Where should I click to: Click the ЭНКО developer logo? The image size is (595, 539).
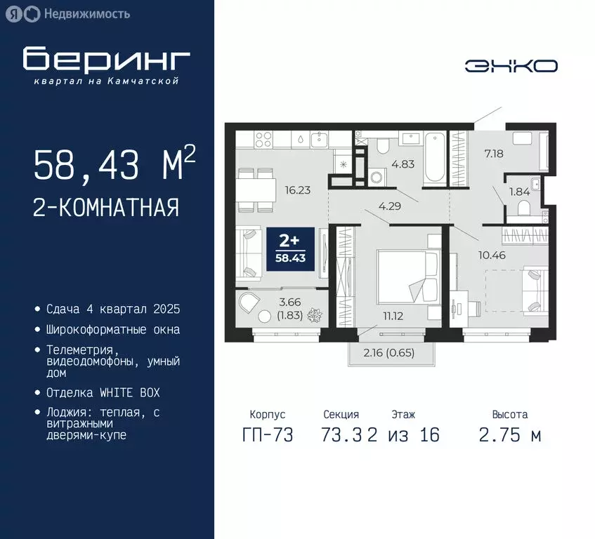coord(511,66)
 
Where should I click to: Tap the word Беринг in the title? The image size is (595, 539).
coord(106,60)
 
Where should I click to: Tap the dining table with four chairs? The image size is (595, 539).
coord(256,190)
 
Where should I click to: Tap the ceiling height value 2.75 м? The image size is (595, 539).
coord(510,435)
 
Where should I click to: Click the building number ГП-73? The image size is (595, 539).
coord(268,435)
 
